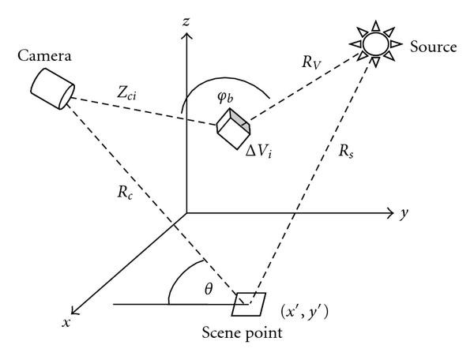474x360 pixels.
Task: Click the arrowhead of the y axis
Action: (x=390, y=212)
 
